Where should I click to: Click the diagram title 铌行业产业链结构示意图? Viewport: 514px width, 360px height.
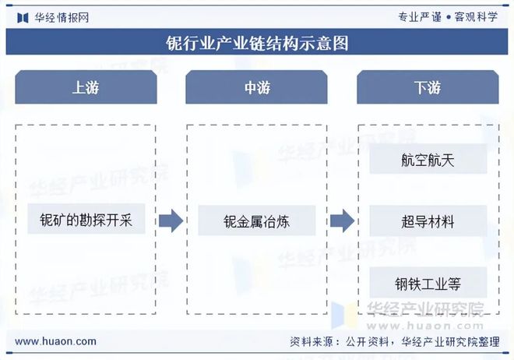(x=257, y=43)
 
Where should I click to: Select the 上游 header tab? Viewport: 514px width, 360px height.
(x=85, y=87)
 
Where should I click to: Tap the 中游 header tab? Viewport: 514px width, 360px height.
(x=256, y=87)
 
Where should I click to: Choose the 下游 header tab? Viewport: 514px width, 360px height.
(x=428, y=87)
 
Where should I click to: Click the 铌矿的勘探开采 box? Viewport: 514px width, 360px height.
(x=86, y=221)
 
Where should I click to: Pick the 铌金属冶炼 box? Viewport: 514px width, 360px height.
(x=256, y=221)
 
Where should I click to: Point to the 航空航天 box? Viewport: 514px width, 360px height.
(x=428, y=159)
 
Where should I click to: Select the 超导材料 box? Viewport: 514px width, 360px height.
(x=428, y=221)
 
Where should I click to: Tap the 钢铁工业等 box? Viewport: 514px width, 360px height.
(x=428, y=283)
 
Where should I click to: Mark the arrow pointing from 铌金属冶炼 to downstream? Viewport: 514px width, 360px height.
(x=342, y=221)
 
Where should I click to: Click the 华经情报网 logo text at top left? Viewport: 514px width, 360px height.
(x=61, y=17)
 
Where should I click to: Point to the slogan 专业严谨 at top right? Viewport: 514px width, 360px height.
(x=419, y=17)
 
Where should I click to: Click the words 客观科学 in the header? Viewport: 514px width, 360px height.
(x=476, y=17)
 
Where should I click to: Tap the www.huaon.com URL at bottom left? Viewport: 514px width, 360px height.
(x=56, y=341)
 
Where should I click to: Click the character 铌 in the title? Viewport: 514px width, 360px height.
(x=174, y=43)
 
